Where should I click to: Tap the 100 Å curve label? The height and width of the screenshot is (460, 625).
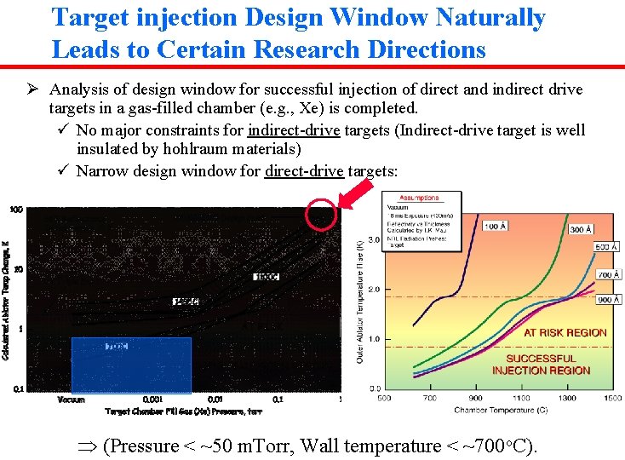click(496, 226)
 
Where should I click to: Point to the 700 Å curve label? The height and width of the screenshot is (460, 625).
click(608, 274)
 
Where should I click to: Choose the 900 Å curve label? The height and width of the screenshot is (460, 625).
click(608, 300)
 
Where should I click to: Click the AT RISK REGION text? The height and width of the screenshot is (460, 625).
click(565, 332)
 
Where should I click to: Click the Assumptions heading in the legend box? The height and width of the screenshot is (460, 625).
click(419, 198)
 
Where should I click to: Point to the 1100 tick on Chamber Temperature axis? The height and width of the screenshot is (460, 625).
click(520, 398)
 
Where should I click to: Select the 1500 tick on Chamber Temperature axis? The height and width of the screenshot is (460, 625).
click(612, 398)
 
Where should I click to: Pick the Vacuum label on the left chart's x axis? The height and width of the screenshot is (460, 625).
click(71, 399)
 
